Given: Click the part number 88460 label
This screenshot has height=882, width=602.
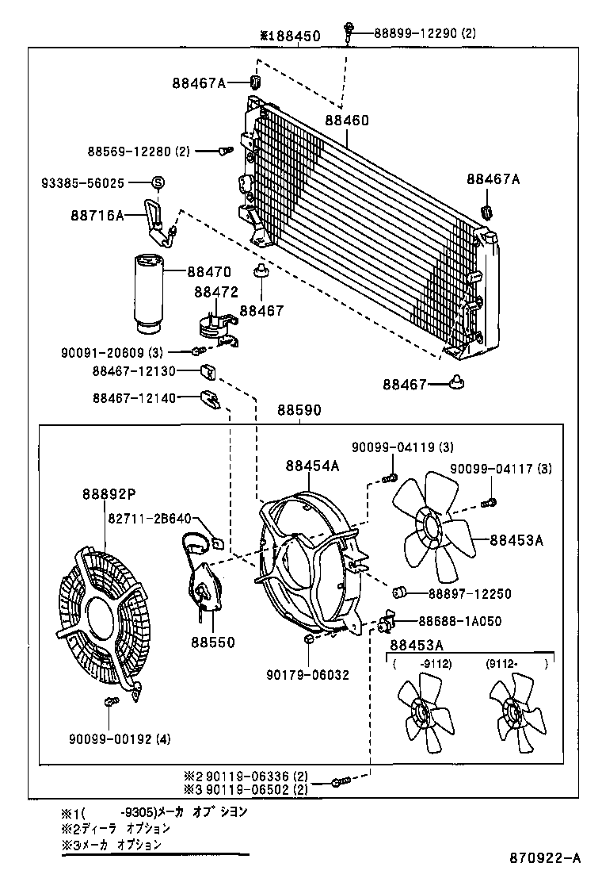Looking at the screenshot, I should (346, 121).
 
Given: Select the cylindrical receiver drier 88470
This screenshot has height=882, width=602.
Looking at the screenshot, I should (147, 291).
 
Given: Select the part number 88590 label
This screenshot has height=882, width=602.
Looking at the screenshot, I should (299, 411).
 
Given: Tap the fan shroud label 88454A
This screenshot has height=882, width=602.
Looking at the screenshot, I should (312, 466).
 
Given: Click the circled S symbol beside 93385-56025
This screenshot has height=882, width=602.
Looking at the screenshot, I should (157, 183).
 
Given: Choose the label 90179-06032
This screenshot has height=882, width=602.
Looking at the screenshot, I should (308, 675).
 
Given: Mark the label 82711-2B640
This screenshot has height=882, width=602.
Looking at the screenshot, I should (150, 518).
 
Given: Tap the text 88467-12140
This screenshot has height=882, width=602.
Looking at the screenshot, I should (134, 398).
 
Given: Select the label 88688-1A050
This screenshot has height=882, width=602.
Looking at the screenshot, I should (459, 622).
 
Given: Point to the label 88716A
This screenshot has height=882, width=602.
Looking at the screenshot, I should (98, 215).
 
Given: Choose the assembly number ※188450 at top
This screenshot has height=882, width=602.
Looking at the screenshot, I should (290, 36).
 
